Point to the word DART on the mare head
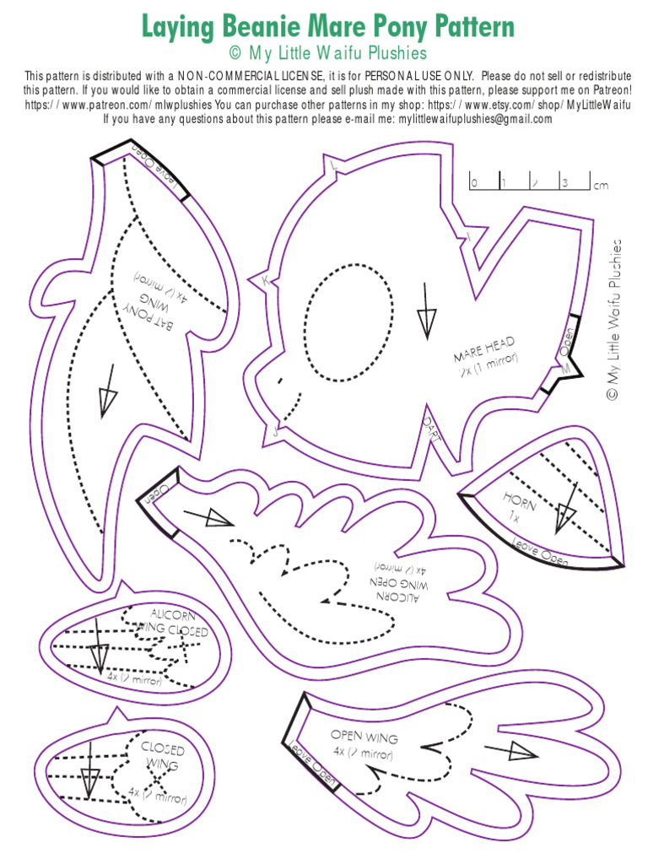431,427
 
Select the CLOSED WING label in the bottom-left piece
161,756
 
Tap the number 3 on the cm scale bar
564,182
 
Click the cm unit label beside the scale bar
601,185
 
